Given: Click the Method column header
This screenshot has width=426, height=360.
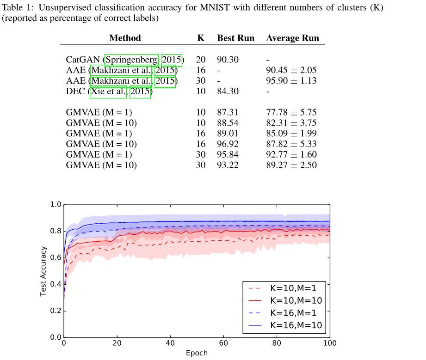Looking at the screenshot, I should pos(125,38).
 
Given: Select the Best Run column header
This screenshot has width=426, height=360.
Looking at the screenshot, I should pos(235,38).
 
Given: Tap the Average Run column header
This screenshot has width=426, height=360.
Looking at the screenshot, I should pos(292,38).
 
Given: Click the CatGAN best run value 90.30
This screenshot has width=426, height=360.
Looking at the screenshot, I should pos(228,60).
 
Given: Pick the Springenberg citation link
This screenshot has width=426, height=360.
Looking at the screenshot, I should pos(132,60).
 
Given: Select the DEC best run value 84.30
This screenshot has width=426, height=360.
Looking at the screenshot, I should pos(228,92).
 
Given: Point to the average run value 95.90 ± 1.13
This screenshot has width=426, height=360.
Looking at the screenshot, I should pos(291,81).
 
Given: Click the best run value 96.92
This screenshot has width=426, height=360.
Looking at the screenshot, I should pos(228,144).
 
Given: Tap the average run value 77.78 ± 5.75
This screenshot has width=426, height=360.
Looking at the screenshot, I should pos(291,112).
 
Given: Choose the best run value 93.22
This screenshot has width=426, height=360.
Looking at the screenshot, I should pos(228,165).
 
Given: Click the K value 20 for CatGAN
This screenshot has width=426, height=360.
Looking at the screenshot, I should pos(201,60).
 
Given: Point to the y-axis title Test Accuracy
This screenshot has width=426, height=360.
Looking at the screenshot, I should pos(43,271).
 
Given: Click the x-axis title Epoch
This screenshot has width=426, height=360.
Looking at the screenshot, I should pos(197,353).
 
